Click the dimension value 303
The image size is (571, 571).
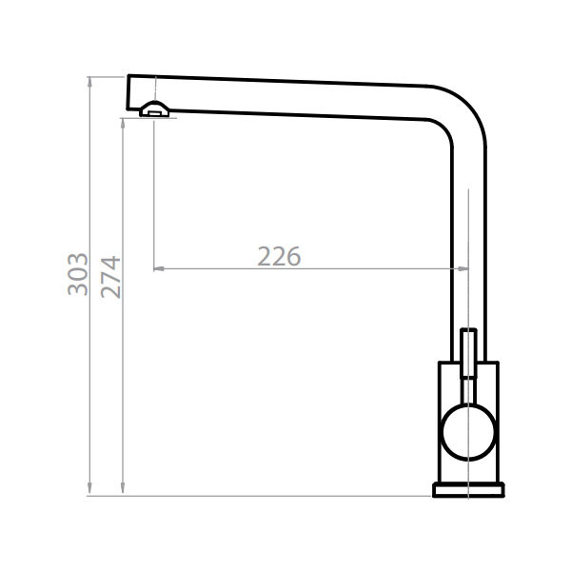pyautogui.click(x=78, y=273)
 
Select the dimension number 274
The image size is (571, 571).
pyautogui.click(x=111, y=276)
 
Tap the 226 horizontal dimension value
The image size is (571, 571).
pyautogui.click(x=279, y=256)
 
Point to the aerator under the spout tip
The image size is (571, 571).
pyautogui.click(x=154, y=110)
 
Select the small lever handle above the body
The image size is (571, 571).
pyautogui.click(x=468, y=352)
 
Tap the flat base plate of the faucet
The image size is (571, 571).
pyautogui.click(x=468, y=489)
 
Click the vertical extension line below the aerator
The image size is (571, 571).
pyautogui.click(x=153, y=190)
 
